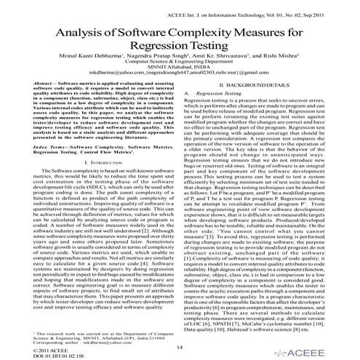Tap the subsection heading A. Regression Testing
[x=225, y=115]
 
